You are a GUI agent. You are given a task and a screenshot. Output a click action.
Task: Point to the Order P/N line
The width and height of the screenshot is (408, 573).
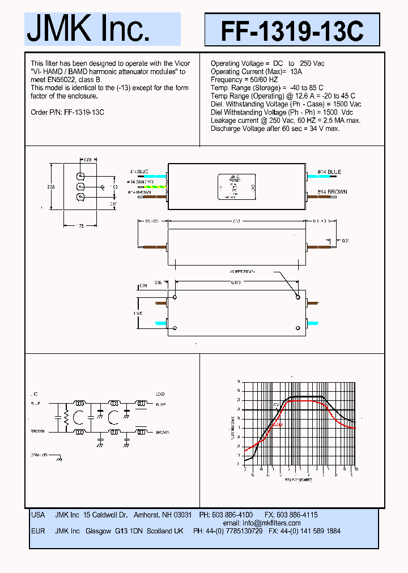(67, 112)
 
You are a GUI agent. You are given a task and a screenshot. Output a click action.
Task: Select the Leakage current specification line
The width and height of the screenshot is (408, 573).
(285, 121)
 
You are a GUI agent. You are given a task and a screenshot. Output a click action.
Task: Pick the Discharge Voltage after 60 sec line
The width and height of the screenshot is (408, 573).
(275, 129)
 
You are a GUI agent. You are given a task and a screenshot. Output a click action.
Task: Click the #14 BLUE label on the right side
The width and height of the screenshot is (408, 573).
(329, 172)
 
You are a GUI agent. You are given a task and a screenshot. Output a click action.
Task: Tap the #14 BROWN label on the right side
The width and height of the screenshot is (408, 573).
(332, 192)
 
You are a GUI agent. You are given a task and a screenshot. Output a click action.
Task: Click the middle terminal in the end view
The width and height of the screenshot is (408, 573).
(80, 186)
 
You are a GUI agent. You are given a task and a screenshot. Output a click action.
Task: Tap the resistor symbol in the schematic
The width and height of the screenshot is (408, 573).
(66, 418)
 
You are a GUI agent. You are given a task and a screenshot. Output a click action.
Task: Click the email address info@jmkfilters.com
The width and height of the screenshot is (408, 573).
(270, 523)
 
